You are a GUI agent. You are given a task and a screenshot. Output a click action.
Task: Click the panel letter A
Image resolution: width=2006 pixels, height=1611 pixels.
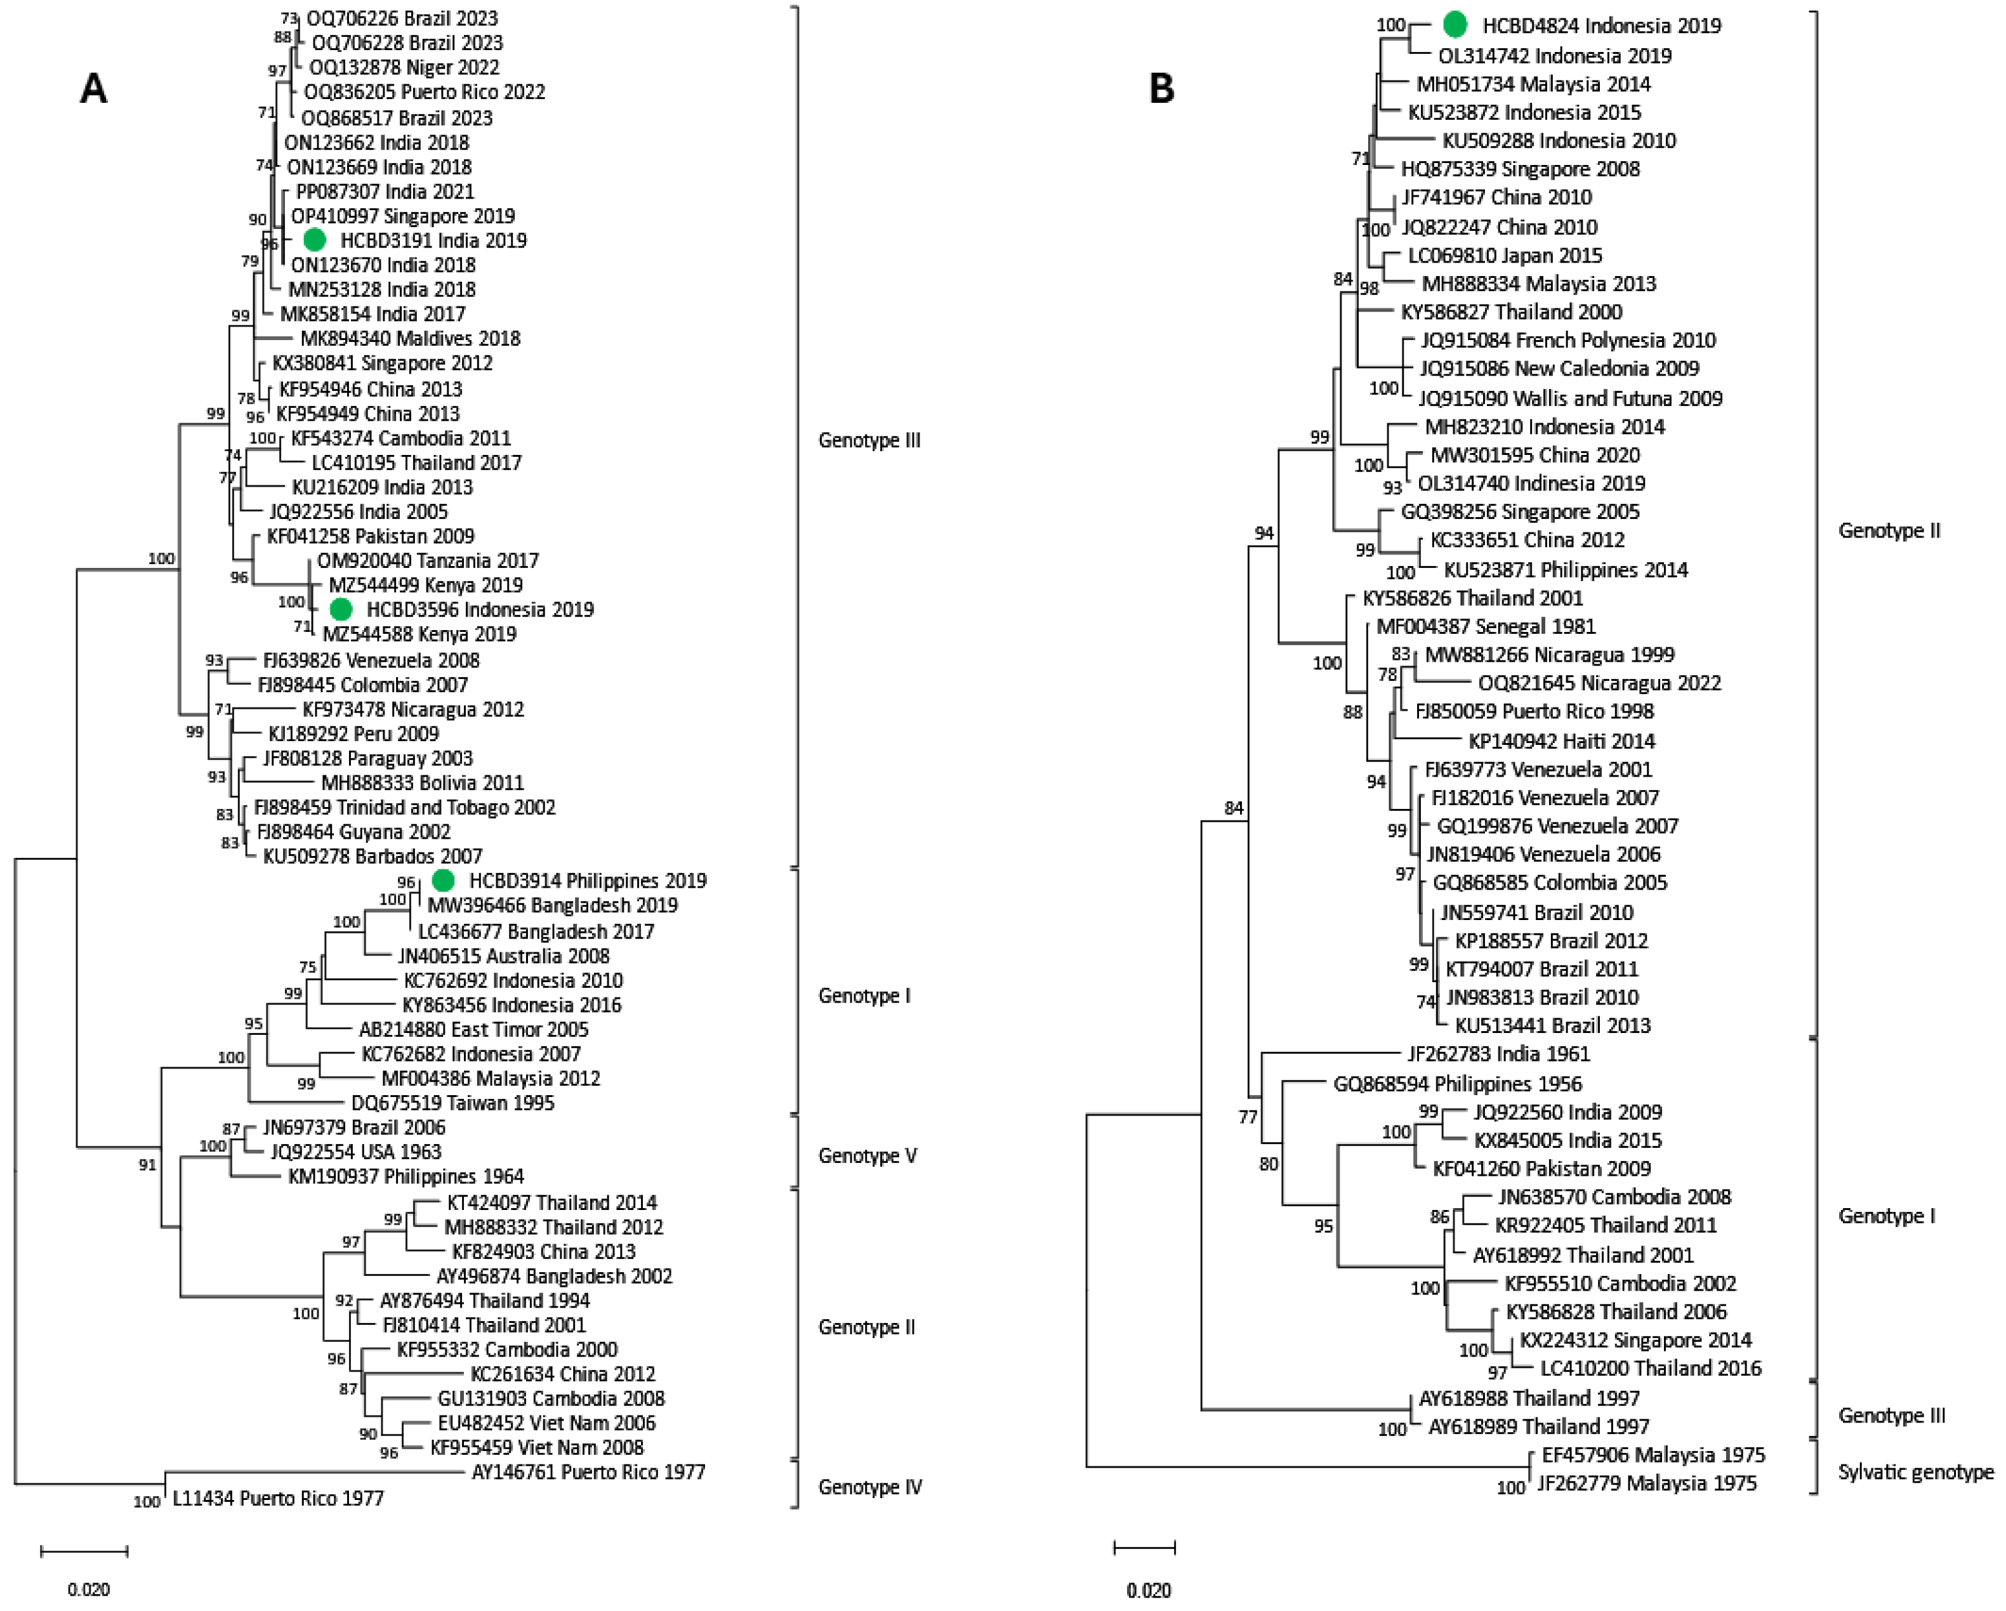(93, 89)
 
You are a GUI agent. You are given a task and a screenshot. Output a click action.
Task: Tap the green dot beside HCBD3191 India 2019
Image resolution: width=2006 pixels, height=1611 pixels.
(315, 240)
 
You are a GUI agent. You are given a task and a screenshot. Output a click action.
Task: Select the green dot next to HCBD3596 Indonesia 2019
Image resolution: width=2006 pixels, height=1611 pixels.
(341, 609)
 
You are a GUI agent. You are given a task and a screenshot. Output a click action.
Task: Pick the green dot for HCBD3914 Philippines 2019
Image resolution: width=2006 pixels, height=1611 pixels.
(444, 880)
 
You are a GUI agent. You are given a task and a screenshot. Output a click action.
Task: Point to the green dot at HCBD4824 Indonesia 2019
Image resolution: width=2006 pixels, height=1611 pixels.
(1455, 25)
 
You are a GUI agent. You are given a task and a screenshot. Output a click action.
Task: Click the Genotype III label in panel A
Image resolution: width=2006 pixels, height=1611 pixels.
(869, 440)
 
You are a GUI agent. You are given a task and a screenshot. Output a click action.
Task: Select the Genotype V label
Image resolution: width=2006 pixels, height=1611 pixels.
(867, 1155)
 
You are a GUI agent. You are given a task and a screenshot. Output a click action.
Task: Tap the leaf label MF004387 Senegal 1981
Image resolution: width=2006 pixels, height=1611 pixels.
(1486, 627)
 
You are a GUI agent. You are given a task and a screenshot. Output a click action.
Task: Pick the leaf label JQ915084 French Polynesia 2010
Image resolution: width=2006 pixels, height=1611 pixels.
(1567, 341)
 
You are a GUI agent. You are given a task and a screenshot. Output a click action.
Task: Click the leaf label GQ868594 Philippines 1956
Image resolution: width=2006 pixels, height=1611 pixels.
(1457, 1084)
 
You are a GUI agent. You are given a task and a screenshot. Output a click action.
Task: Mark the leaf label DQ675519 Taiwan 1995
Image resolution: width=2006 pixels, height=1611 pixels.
(452, 1103)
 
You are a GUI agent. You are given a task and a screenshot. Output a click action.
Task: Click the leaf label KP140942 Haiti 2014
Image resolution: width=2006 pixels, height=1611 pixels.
(1561, 741)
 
